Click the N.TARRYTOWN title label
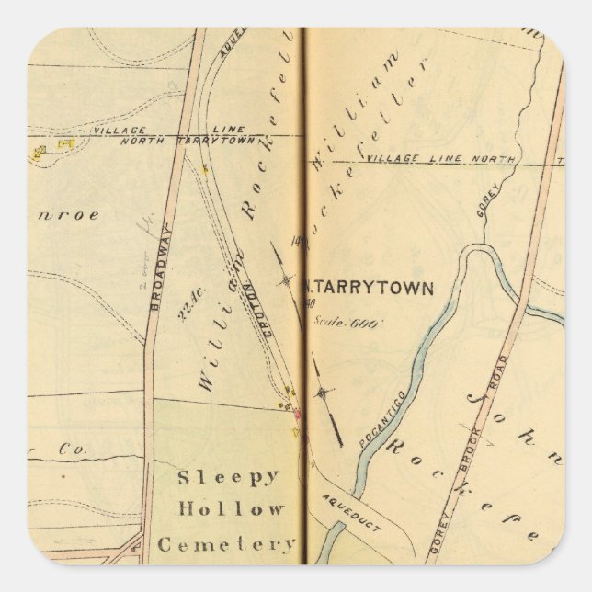368,287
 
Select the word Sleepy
227,476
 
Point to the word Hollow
231,508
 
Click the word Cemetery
226,543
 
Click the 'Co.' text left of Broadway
66,450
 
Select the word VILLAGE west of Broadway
113,131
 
